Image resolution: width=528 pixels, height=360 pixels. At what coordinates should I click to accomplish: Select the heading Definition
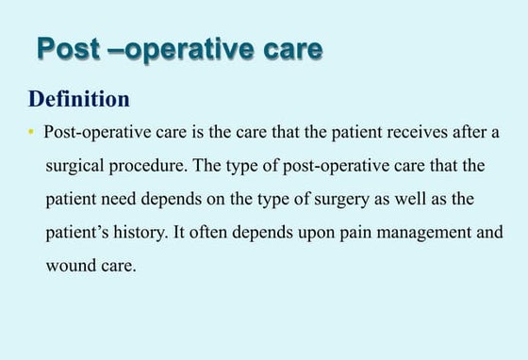click(79, 98)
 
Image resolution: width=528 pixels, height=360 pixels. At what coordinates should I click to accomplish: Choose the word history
click(144, 233)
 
